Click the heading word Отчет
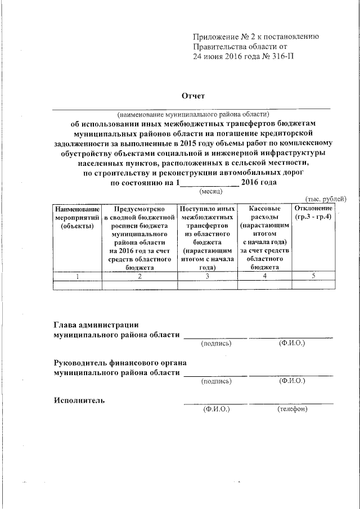191,96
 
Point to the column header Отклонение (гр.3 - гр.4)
313,213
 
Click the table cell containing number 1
77,276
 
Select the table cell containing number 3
207,276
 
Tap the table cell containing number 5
313,276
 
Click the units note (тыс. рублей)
326,199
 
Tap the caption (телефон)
292,409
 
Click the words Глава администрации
96,325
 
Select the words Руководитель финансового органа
120,363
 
